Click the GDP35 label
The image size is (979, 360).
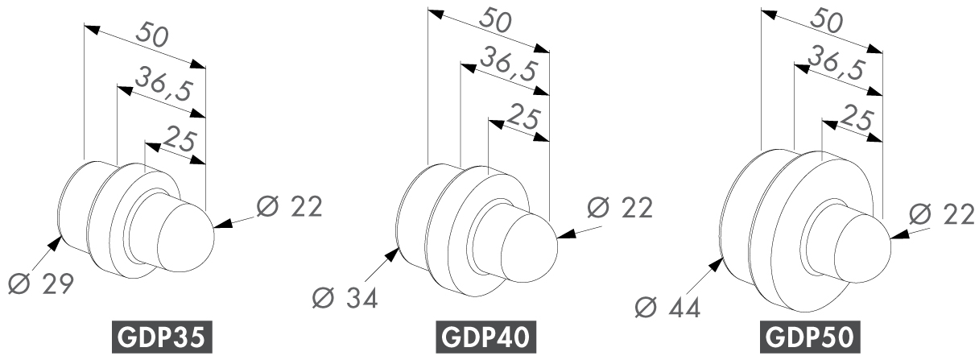coord(162,337)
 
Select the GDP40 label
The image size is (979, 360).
coord(485,337)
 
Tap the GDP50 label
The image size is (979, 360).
coord(810,337)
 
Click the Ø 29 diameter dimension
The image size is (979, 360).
coord(40,283)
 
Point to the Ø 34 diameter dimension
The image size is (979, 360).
coord(345,298)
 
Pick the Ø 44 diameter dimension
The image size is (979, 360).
coord(667,307)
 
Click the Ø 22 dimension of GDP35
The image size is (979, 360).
coord(289,206)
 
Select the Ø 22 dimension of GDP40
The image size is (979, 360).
coord(620,207)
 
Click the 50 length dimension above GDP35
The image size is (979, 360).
coord(151,35)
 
